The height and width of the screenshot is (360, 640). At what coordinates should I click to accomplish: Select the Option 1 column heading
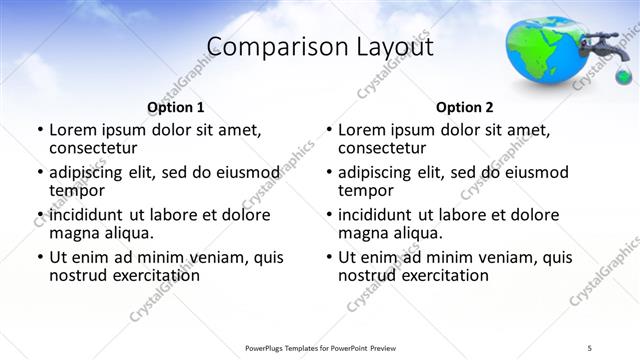click(176, 107)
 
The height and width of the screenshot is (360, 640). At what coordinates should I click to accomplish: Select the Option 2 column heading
click(465, 107)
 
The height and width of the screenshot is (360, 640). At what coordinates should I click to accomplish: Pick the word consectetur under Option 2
click(381, 148)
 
